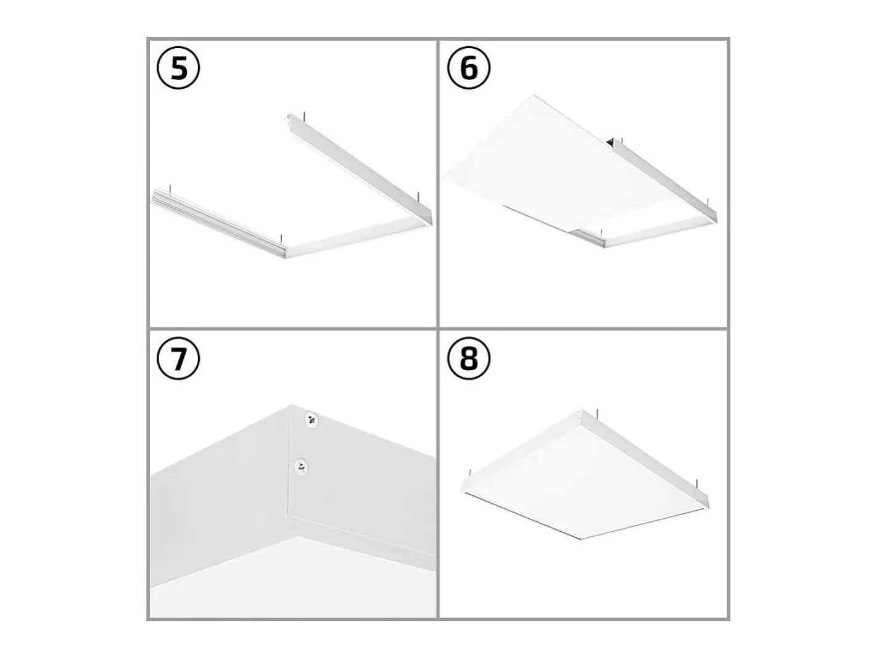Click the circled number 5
pos(178,68)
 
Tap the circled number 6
pos(468,68)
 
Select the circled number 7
pos(178,358)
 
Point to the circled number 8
pos(468,358)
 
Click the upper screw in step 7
pos(312,419)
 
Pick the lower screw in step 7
pos(302,466)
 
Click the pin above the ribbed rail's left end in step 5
pos(171,188)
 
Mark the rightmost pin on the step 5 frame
pos(418,197)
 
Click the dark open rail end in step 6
pos(611,142)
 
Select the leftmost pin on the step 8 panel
pos(469,473)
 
